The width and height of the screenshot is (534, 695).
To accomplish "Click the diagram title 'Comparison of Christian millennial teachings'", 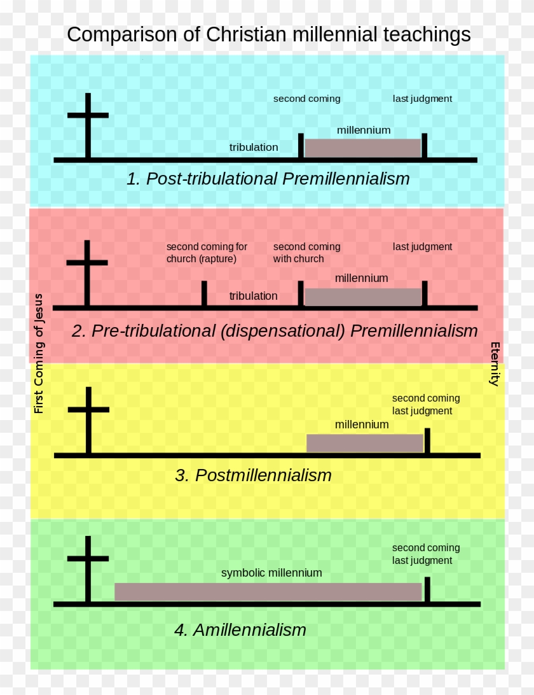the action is (269, 34).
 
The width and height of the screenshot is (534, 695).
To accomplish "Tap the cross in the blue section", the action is (88, 125).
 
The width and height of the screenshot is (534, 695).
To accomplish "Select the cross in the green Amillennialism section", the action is (88, 569).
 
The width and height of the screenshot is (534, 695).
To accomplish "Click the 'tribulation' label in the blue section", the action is (254, 147).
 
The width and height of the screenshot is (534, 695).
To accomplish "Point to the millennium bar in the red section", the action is (363, 297).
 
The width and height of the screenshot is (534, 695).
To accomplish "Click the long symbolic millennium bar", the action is (268, 592).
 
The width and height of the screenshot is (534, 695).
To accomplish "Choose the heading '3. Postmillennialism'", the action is (253, 475).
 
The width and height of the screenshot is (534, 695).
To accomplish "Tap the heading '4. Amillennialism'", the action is (240, 630).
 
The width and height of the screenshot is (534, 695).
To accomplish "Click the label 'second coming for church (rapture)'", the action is (207, 253).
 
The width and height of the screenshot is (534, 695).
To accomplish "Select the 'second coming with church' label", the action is (307, 253).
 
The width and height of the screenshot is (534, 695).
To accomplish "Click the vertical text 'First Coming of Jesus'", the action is (39, 354).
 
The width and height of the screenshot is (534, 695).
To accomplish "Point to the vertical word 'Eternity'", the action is (495, 364).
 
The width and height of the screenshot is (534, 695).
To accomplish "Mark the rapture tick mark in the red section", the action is (204, 293).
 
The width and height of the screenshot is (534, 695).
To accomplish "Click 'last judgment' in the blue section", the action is (422, 99).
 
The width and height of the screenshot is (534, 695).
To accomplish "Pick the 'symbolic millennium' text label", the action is (271, 573).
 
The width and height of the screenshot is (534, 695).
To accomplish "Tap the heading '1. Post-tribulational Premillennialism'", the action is (268, 179).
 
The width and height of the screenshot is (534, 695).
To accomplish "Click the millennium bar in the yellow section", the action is (365, 443).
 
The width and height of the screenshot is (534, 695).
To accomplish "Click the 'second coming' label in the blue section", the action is (307, 99).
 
